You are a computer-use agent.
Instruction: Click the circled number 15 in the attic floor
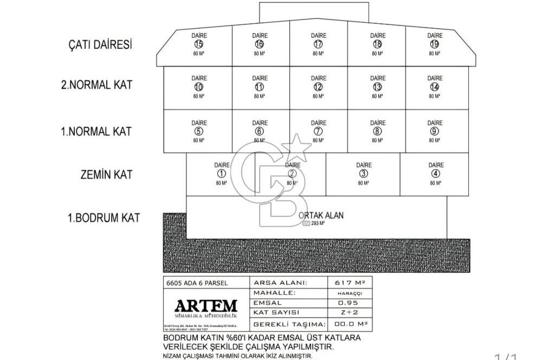click(x=199, y=44)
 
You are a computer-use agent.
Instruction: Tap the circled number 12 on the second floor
click(x=318, y=87)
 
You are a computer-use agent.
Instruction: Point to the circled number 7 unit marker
click(x=318, y=131)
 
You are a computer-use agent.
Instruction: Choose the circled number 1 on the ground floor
click(x=221, y=173)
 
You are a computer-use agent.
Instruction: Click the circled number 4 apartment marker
click(x=436, y=173)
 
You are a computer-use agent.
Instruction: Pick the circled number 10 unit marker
click(x=199, y=87)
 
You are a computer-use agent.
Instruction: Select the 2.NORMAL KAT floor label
click(x=96, y=85)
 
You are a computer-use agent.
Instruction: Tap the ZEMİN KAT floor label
click(x=106, y=175)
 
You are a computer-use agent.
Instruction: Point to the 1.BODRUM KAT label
click(x=104, y=218)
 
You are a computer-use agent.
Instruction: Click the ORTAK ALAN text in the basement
click(x=321, y=215)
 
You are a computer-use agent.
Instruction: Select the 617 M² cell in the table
click(x=350, y=282)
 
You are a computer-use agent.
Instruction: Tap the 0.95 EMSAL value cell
click(x=350, y=303)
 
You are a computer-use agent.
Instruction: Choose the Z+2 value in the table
click(x=350, y=313)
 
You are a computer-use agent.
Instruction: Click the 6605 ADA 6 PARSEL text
click(x=197, y=282)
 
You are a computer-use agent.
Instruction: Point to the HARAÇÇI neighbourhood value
click(x=350, y=293)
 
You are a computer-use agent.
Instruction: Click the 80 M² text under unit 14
click(x=435, y=96)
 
